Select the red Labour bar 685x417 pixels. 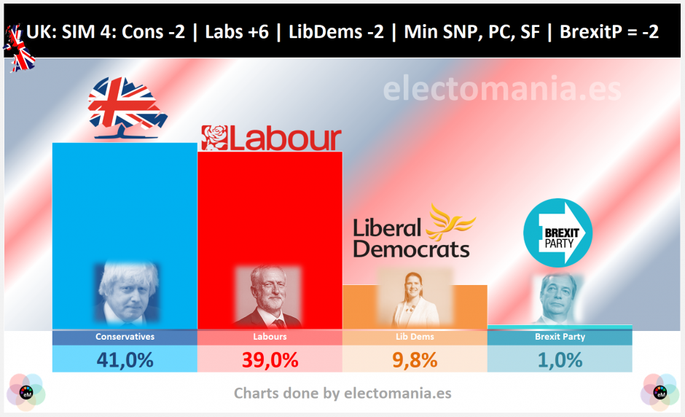(270, 211)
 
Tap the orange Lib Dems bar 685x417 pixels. (415, 306)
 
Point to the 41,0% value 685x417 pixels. (125, 359)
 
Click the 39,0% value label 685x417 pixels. (270, 359)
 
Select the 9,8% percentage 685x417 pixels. (414, 359)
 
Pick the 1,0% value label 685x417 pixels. (559, 359)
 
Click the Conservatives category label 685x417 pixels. (125, 338)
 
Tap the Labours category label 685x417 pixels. (270, 338)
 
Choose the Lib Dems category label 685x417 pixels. (414, 338)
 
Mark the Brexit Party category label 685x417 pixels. (559, 338)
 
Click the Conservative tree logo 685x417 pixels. (122, 109)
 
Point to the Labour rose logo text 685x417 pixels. (271, 138)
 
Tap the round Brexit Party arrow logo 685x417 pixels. (558, 233)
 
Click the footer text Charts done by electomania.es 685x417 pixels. (342, 394)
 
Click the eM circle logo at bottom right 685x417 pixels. (660, 392)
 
